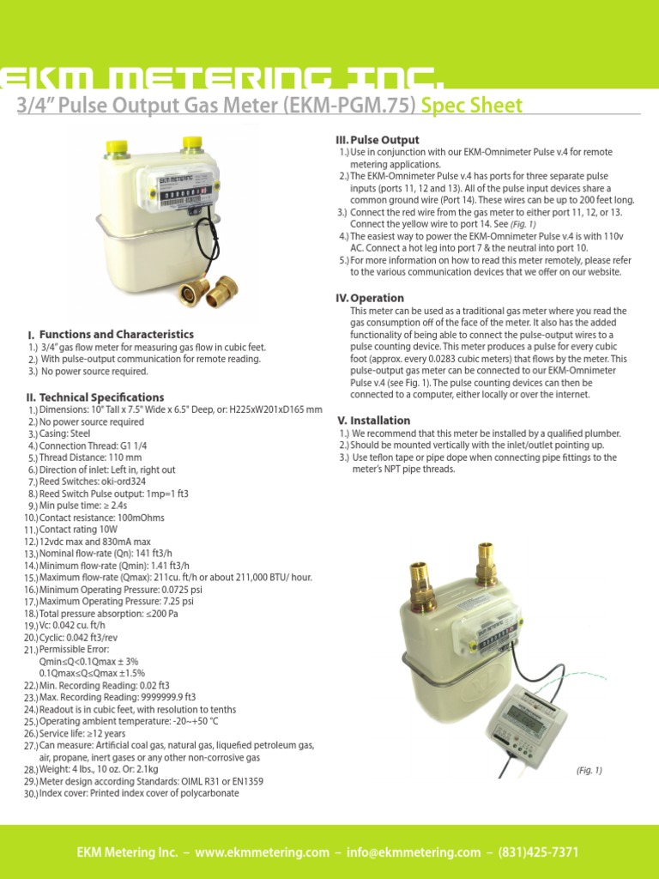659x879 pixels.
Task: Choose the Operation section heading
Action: [x=377, y=298]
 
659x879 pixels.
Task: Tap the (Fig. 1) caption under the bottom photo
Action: [x=589, y=771]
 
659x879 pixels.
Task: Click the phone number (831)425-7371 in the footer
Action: [x=534, y=852]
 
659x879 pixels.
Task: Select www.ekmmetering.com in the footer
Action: [x=262, y=852]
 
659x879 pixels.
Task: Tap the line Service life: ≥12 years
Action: [x=82, y=734]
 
